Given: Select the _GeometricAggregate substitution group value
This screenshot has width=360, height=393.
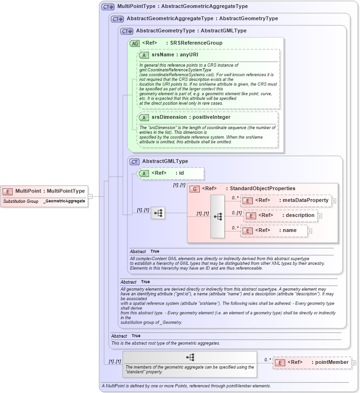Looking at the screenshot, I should (64, 201).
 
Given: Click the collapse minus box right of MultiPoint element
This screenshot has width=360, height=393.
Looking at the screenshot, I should (90, 196).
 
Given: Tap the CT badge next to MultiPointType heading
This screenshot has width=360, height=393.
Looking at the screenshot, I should (108, 7).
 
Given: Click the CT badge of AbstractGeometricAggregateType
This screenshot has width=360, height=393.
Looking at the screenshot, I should (117, 19).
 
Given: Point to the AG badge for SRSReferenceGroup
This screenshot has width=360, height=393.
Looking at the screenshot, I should (134, 43).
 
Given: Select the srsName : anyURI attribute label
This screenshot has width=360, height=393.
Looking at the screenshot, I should (174, 55).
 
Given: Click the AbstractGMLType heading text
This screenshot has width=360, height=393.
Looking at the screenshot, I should (165, 162).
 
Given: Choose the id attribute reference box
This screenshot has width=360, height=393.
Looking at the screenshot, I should (170, 173).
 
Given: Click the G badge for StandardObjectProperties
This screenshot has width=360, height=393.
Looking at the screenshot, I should (195, 189).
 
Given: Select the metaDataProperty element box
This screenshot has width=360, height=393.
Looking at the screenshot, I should (286, 200).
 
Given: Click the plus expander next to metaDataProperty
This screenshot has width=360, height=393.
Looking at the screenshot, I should (334, 200).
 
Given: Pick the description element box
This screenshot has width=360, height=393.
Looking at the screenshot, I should (280, 216).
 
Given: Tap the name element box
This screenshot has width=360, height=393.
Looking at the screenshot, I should (274, 231).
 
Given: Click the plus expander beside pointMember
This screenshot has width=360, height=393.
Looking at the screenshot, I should (354, 362).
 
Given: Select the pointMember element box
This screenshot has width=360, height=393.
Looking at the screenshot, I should (312, 362).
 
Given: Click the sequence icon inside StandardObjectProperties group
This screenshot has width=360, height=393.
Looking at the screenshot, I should (218, 216).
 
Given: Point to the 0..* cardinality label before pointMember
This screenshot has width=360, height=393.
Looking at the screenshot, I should (267, 360).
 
